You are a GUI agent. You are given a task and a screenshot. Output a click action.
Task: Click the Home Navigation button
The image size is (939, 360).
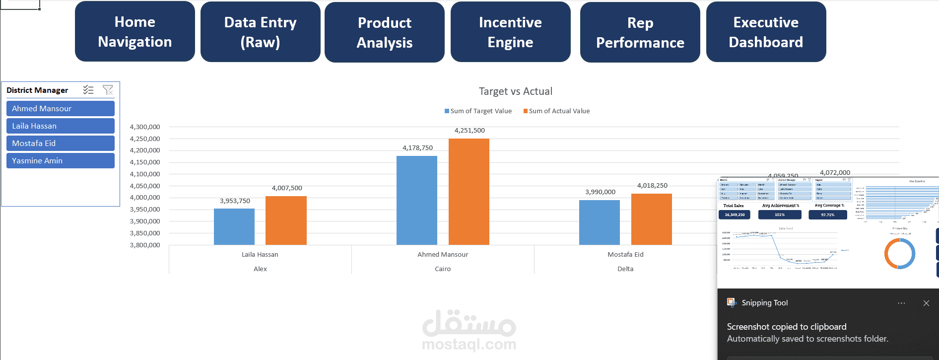[x=134, y=32]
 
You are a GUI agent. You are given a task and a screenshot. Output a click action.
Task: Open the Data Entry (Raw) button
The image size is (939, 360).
[x=260, y=32]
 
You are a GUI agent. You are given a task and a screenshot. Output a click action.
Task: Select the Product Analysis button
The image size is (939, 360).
[x=385, y=33]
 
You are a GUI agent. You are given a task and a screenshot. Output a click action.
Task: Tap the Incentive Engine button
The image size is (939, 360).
[x=510, y=32]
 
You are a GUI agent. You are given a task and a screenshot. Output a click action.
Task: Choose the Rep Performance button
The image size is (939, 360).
[x=640, y=33]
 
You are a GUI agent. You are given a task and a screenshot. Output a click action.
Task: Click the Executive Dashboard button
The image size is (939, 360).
[x=766, y=32]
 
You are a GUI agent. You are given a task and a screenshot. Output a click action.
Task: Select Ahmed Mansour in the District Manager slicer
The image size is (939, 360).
[x=60, y=109]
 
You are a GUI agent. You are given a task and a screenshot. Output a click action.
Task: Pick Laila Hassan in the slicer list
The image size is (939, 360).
[x=60, y=126]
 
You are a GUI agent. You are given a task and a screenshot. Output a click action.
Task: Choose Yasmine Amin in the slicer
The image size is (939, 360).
[x=60, y=161]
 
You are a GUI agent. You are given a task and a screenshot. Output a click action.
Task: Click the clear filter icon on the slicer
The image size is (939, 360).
[x=108, y=90]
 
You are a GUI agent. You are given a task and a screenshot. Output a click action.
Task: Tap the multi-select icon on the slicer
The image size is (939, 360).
[x=88, y=90]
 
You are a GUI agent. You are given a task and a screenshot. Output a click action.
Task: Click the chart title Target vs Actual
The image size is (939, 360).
[x=515, y=91]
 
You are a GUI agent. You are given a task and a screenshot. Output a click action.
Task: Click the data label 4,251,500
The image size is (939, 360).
[x=469, y=131]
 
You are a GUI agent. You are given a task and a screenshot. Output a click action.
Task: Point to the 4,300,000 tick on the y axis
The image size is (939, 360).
[x=145, y=127]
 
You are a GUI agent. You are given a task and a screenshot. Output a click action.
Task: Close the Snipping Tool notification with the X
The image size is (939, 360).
[x=926, y=303]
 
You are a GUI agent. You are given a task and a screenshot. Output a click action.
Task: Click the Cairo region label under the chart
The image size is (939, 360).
[x=443, y=269]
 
